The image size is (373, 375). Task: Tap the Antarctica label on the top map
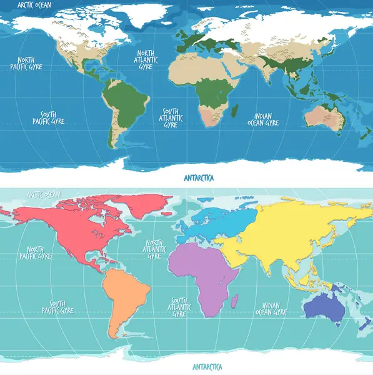click(x=200, y=177)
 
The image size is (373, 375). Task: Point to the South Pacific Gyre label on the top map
click(x=48, y=117)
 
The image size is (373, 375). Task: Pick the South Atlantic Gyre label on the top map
click(x=170, y=117)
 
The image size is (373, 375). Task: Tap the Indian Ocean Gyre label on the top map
click(x=262, y=119)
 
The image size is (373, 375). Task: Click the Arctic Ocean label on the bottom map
click(x=43, y=194)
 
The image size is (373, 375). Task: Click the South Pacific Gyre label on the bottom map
click(x=57, y=306)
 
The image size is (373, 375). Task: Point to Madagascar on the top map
click(x=236, y=112)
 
